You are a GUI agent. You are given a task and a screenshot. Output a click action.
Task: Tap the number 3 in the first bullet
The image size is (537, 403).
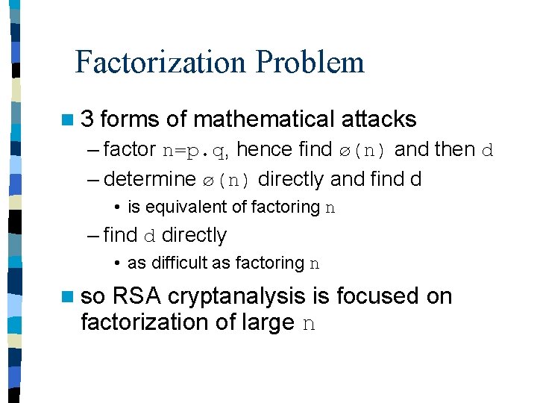[87, 119]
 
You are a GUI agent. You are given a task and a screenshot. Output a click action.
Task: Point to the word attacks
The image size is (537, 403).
[378, 119]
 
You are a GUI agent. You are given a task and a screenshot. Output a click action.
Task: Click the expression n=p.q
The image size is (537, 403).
[195, 150]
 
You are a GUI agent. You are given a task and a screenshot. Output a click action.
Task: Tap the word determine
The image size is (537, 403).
[150, 179]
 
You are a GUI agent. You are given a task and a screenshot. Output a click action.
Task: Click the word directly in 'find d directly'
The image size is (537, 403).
[194, 235]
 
